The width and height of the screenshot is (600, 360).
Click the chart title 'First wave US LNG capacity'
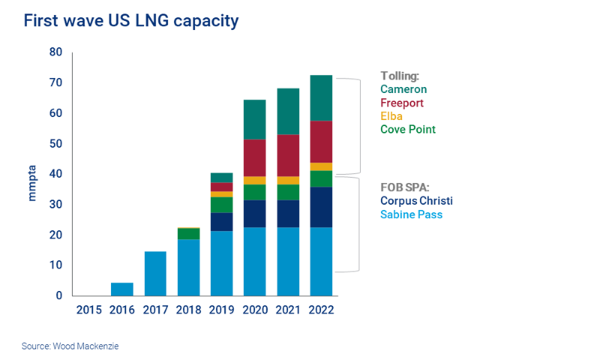(131, 21)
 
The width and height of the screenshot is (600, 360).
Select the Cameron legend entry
(403, 90)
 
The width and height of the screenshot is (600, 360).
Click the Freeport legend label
(403, 103)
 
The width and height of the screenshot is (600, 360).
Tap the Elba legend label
(391, 116)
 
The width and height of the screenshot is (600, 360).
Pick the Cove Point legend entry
(408, 130)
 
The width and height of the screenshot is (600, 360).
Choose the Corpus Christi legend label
(416, 201)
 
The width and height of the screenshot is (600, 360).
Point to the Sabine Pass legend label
(411, 214)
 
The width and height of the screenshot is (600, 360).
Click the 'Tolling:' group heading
(399, 76)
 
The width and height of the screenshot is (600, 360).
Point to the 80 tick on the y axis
(55, 52)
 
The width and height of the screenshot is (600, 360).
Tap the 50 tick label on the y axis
(55, 144)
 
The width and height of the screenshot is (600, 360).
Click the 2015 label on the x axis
(89, 310)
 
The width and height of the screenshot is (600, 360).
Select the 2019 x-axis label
(221, 310)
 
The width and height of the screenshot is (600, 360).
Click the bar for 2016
(122, 289)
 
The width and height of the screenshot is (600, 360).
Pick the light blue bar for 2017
(155, 273)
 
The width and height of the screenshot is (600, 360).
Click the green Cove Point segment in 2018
(188, 234)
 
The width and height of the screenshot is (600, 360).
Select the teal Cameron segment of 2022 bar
(321, 97)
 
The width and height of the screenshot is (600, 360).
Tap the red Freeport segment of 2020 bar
(255, 157)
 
